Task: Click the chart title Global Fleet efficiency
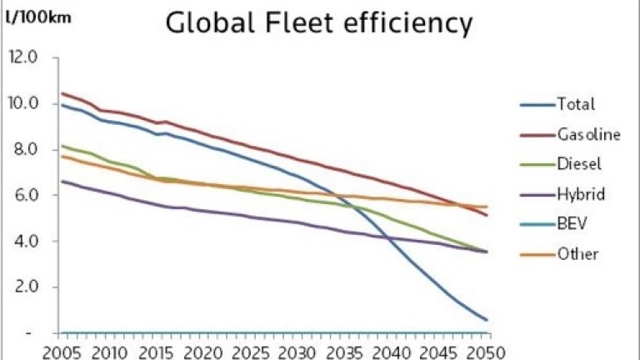pos(319,23)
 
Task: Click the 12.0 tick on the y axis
pos(23,58)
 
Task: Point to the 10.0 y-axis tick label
pos(23,104)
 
